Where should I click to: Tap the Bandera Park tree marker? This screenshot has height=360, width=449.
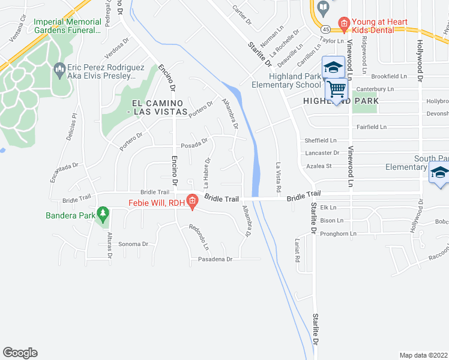coord(103,213)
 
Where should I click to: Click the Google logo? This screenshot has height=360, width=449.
coord(20,353)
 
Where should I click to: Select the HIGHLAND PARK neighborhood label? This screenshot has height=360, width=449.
coord(341,101)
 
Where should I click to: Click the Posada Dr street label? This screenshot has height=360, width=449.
coord(194,145)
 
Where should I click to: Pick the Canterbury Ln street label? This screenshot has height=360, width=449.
coord(374,89)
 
